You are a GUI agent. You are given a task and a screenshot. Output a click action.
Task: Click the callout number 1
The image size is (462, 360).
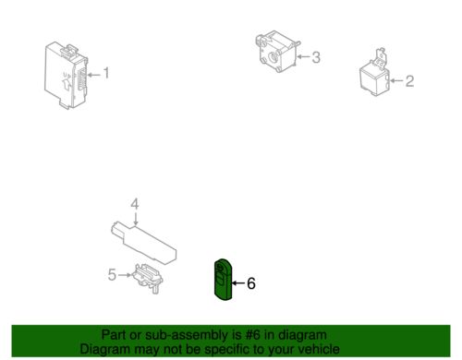tap(106, 73)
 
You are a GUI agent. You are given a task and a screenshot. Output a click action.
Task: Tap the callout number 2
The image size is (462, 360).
tap(409, 81)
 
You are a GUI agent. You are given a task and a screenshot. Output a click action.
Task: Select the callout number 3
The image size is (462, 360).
tap(316, 57)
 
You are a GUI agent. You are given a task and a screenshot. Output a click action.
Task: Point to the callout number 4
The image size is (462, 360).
tap(135, 205)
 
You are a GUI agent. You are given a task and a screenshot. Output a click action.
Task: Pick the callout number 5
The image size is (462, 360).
tap(112, 274)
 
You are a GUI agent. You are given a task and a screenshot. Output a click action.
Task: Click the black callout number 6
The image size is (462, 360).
tap(251, 283)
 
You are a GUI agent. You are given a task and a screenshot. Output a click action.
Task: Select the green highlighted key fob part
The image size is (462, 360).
tap(223, 279)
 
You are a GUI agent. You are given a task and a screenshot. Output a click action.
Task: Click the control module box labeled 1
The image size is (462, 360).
tap(67, 76)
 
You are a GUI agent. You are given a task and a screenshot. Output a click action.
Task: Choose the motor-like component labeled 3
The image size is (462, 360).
tap(276, 51)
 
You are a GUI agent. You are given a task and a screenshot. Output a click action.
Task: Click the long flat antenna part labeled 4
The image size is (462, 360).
tap(144, 244)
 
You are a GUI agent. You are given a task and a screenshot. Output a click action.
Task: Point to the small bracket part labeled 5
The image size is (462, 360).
tap(148, 278)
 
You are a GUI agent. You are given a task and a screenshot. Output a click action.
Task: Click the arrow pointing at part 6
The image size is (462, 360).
tap(238, 283)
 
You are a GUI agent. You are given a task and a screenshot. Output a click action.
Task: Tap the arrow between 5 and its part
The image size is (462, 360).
tap(125, 275)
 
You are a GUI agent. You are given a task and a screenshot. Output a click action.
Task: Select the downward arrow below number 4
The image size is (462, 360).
tap(135, 219)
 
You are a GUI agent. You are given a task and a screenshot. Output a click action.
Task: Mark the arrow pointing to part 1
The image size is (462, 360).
tap(94, 75)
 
